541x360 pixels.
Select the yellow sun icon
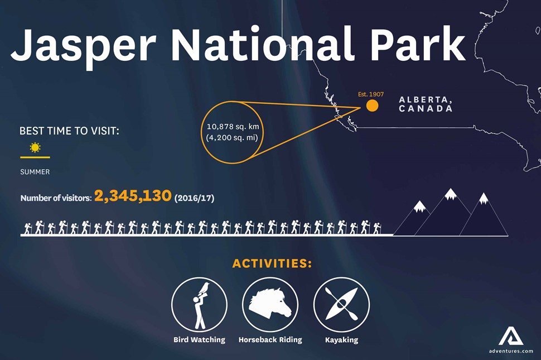coord(35,147)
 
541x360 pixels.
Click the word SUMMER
coord(35,171)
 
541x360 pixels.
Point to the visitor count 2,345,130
coord(133,196)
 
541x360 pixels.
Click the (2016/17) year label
coord(194,198)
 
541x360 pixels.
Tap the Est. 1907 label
coord(371,94)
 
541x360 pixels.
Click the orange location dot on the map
coord(372,105)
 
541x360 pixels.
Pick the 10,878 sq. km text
coord(233,127)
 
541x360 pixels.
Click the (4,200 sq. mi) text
coord(232,138)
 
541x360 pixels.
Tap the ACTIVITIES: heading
coord(272,263)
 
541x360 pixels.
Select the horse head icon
coord(271,303)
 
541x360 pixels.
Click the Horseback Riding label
coord(270,340)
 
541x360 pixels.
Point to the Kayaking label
coord(341,340)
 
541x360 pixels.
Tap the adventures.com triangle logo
coord(511,336)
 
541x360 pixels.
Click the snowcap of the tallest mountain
coord(451,194)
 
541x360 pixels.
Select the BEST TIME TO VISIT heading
coord(69,131)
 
